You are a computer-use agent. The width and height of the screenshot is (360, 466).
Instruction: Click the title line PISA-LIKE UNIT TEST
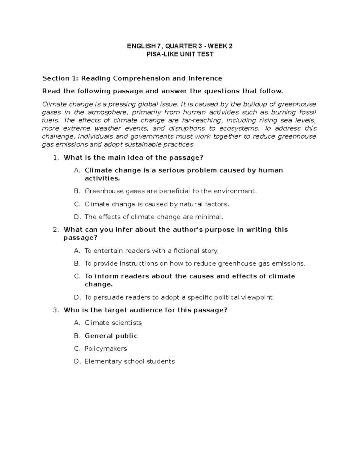pos(180,54)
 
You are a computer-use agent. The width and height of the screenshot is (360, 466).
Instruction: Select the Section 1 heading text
pos(132,78)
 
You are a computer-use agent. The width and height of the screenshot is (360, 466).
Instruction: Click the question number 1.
pos(55,158)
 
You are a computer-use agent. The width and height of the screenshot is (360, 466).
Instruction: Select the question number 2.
pos(55,230)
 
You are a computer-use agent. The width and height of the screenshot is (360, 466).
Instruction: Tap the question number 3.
pos(55,310)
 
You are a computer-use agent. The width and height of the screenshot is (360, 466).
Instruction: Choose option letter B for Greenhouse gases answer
pos(77,191)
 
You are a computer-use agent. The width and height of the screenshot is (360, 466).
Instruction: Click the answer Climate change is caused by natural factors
pos(157,204)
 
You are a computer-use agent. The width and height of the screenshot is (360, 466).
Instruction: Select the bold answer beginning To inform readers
pos(190,276)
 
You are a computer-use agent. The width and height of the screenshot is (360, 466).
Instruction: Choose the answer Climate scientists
pos(113,323)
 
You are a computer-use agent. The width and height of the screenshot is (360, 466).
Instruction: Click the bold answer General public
pos(111,336)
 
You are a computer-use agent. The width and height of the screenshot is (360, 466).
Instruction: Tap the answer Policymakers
pos(106,349)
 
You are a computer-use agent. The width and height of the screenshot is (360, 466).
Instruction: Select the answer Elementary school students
pos(129,361)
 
